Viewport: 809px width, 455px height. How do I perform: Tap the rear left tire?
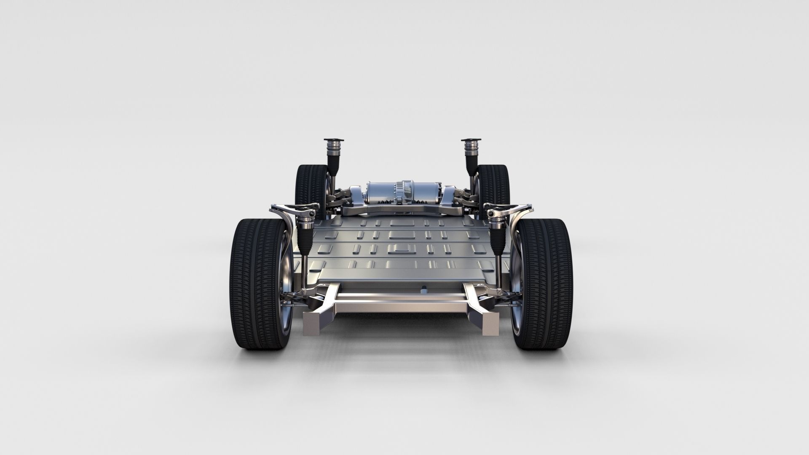pyautogui.click(x=308, y=185)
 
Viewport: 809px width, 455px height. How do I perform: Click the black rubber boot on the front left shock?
pyautogui.click(x=304, y=238)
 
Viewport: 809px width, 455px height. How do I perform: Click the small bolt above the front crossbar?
pyautogui.click(x=423, y=289)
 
